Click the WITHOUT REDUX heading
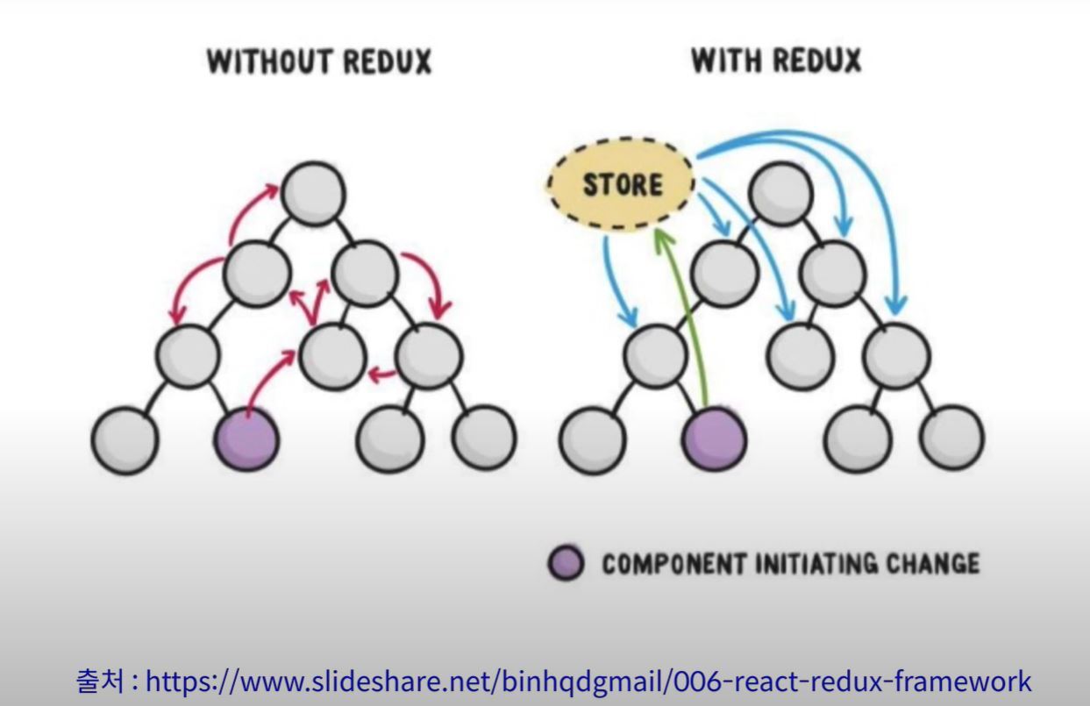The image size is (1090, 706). (x=319, y=63)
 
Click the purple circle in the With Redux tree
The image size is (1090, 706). (x=714, y=436)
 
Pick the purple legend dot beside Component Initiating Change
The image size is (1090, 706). (x=566, y=564)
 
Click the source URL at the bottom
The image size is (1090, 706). (x=588, y=680)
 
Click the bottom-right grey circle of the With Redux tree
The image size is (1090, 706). (x=951, y=436)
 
